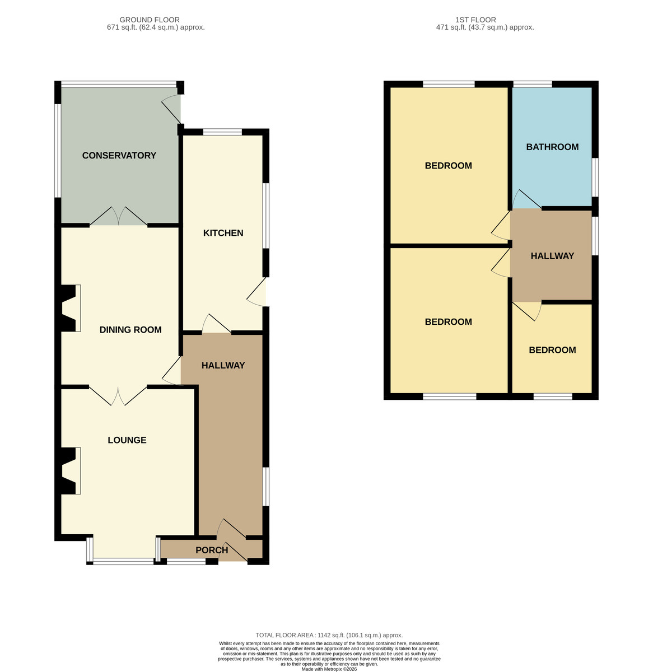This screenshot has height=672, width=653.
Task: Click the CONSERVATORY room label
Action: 119,155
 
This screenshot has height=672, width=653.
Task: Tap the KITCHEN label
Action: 223,233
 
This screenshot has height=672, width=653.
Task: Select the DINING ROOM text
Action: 130,330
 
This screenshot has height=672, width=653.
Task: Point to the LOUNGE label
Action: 127,440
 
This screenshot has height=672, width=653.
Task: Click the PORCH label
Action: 212,550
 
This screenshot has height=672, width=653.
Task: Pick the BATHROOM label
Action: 552,147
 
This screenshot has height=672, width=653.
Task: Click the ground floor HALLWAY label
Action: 223,365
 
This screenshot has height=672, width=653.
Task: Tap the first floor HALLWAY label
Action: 552,256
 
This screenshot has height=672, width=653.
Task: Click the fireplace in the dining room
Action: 69,308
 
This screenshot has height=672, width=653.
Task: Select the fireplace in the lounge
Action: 69,470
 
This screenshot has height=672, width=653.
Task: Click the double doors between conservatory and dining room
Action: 118,216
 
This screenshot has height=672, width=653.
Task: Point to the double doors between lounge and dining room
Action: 118,396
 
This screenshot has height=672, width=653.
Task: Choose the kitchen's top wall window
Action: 222,132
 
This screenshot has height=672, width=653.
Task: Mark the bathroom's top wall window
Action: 532,84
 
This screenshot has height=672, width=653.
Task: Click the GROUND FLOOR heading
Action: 150,20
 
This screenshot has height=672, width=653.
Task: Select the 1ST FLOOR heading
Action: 475,20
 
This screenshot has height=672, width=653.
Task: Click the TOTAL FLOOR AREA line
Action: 329,635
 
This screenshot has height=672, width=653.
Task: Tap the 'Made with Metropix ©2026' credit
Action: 329,669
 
